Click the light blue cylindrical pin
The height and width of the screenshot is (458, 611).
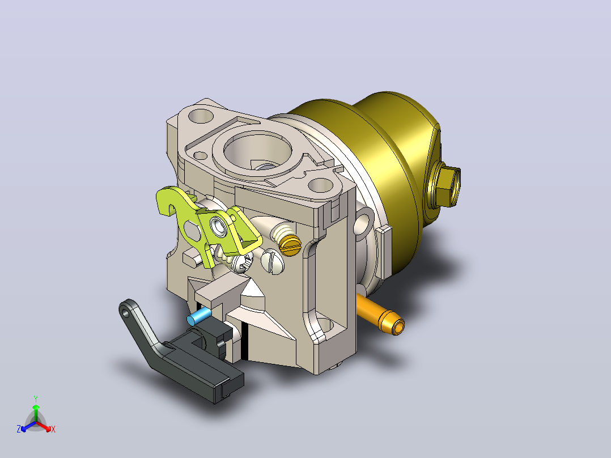point(199,316)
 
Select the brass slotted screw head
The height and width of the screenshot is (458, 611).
point(291,245)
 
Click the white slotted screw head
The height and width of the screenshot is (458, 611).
point(273,261)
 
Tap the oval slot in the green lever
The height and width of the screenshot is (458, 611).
point(192,231)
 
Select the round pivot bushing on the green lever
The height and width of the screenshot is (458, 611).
point(219,226)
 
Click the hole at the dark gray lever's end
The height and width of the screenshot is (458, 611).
point(125,313)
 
